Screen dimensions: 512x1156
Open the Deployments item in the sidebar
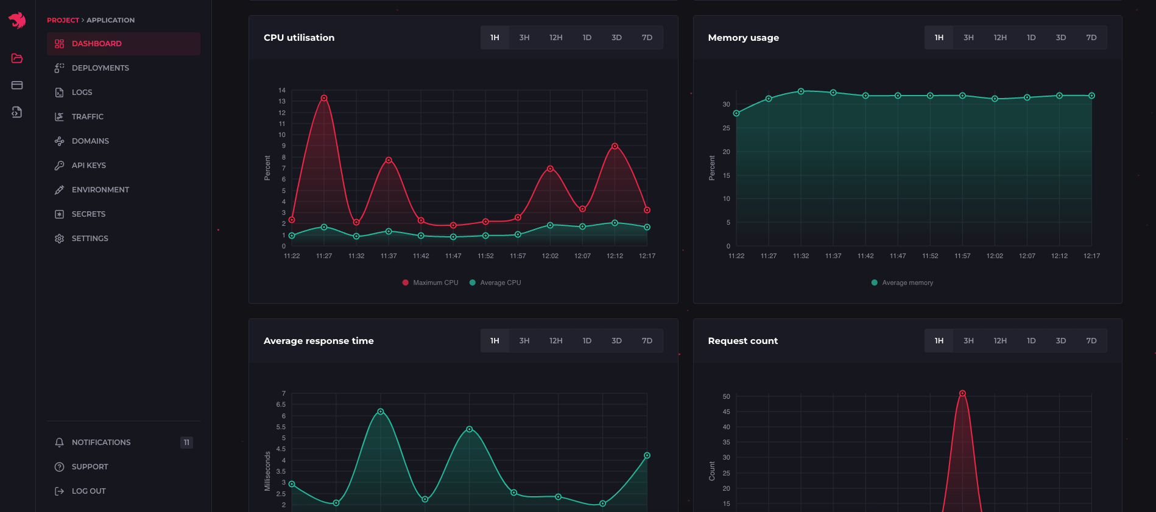100,68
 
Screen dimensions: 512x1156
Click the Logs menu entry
82,93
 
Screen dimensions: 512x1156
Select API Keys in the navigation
88,166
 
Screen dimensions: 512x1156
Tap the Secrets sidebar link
88,214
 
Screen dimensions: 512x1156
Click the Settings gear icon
59,239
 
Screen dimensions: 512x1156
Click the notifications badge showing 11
186,443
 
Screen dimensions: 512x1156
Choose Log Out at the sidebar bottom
88,491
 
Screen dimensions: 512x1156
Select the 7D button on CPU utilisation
647,38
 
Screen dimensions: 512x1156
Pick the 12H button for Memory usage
1000,38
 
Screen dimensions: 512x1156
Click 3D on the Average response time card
616,341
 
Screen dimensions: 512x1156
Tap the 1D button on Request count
1031,341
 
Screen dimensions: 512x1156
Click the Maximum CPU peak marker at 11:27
324,98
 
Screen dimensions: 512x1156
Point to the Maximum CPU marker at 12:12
615,146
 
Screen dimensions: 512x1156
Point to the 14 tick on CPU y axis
282,90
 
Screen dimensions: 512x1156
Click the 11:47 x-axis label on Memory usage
898,256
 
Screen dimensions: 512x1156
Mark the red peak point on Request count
962,393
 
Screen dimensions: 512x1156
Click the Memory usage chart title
743,38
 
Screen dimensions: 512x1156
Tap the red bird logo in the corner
17,20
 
